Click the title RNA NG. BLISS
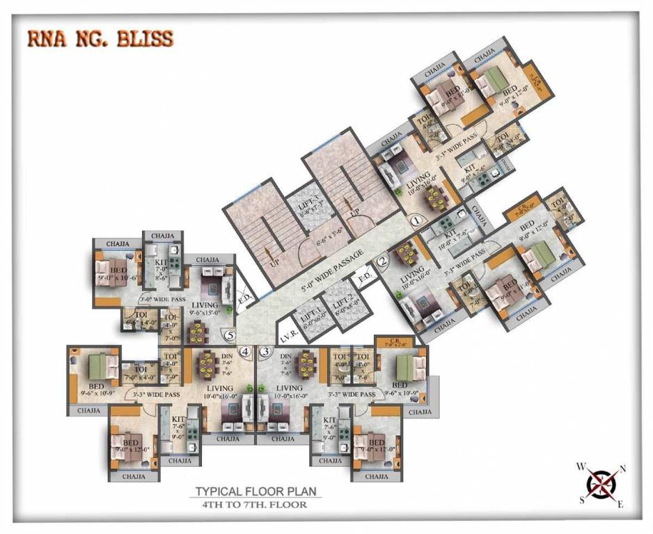tap(100, 38)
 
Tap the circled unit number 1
tap(416, 221)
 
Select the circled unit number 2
tap(382, 262)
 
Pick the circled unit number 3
tap(265, 352)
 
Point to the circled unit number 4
tap(245, 352)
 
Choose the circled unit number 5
tap(230, 334)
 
